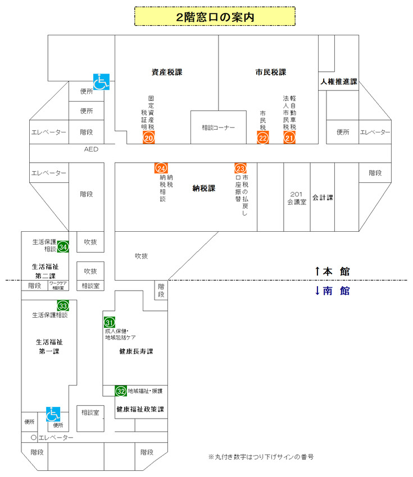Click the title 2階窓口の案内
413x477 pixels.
pos(215,17)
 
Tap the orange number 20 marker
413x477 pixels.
pos(149,137)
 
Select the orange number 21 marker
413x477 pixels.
pos(289,137)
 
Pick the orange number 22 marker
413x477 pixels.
pos(263,137)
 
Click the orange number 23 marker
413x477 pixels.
pos(240,168)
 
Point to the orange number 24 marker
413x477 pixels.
pos(161,168)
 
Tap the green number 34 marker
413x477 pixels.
pos(63,247)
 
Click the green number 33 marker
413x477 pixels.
pos(63,306)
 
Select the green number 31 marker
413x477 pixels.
pos(110,322)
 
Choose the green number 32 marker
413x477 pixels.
pos(121,391)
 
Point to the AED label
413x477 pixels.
pos(91,149)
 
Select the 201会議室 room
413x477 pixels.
pos(296,198)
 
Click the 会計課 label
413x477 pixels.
pos(323,198)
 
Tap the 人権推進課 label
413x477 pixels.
pos(339,82)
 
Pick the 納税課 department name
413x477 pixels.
pos(203,189)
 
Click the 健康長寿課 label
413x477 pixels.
pos(136,351)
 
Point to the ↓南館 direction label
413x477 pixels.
pos(332,291)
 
